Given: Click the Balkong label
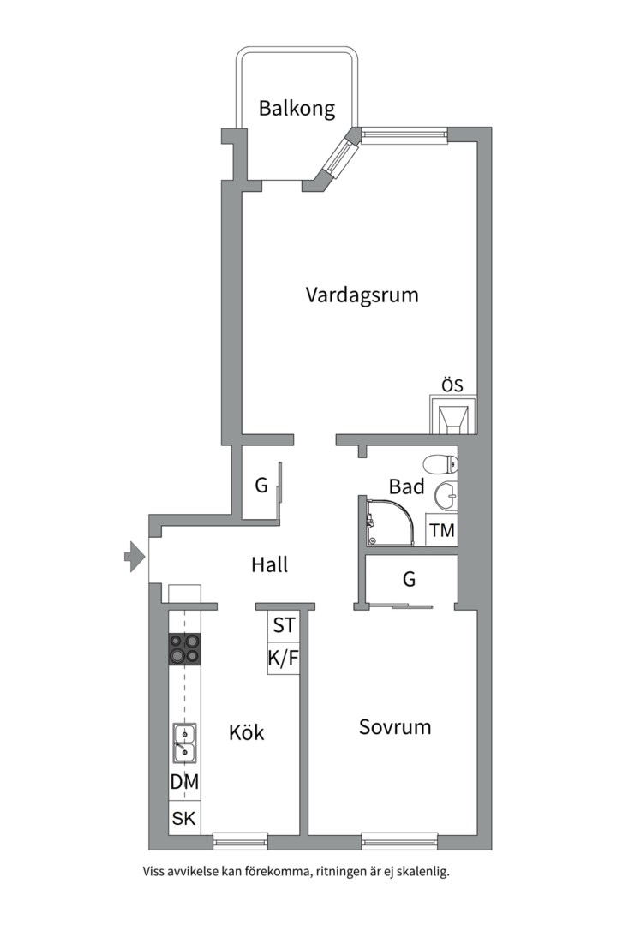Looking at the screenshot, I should click(297, 110).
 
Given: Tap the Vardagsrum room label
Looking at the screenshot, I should click(362, 295).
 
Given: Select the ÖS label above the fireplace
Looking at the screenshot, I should click(452, 386).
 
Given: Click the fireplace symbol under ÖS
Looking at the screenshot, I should click(452, 416).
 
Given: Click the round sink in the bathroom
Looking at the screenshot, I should click(446, 496).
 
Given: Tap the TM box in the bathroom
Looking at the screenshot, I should click(442, 530).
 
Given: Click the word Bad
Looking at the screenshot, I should click(406, 486).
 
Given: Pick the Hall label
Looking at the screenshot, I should click(269, 564).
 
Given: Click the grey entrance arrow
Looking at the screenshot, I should click(134, 557).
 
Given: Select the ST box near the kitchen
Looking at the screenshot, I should click(283, 625).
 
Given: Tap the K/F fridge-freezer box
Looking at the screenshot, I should click(283, 658).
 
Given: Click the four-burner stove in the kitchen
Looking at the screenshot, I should click(185, 649).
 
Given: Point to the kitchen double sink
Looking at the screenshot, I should click(184, 742).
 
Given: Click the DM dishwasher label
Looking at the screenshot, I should click(184, 781).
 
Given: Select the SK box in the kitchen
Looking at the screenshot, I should click(184, 818).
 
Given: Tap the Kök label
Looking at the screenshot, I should click(246, 733).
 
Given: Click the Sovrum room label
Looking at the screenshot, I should click(394, 727).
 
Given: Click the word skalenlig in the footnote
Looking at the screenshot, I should click(421, 872).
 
